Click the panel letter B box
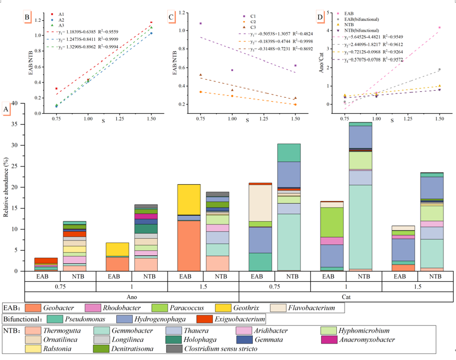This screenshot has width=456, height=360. (27, 17)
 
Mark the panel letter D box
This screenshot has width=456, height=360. (320, 17)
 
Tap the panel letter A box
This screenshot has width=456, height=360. (6, 109)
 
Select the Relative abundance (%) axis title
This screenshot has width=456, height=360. (7, 187)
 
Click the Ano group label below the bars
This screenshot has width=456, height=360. (132, 297)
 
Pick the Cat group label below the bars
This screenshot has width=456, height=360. (346, 297)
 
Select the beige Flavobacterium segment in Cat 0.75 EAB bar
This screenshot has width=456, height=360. (260, 203)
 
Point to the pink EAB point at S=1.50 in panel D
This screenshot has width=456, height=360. (439, 27)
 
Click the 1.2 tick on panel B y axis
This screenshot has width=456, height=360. (38, 21)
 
